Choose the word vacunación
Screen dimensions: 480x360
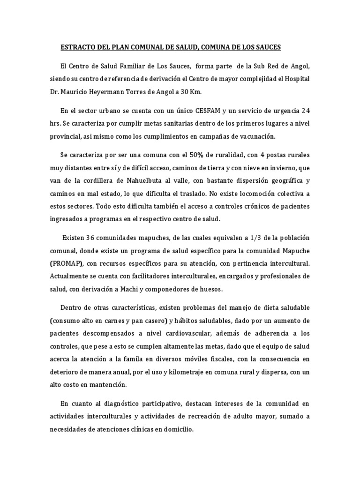pyautogui.click(x=256, y=136)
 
